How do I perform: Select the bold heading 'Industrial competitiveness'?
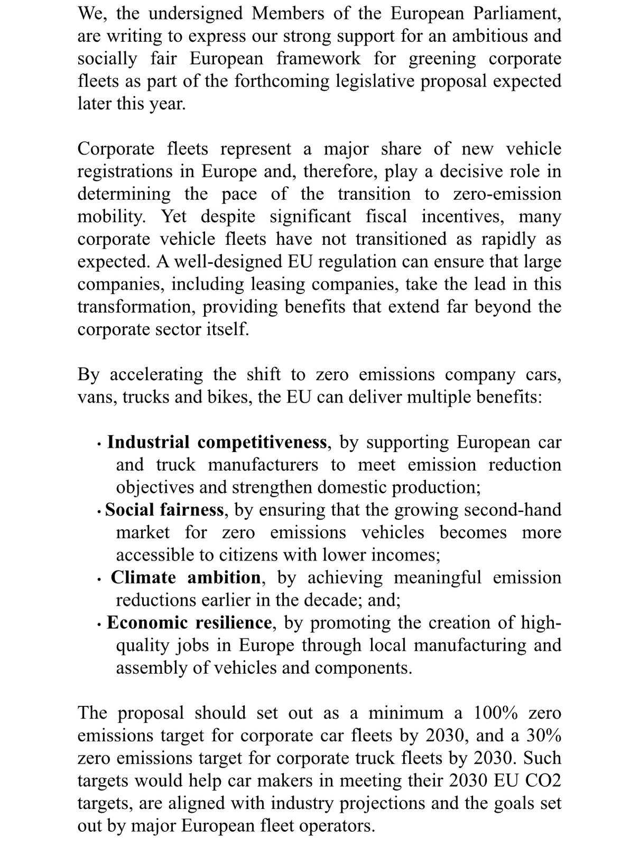pyautogui.click(x=217, y=442)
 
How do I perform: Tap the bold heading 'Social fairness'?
pyautogui.click(x=164, y=510)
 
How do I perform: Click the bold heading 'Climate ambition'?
pyautogui.click(x=186, y=577)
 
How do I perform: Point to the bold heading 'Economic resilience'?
pyautogui.click(x=189, y=622)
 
